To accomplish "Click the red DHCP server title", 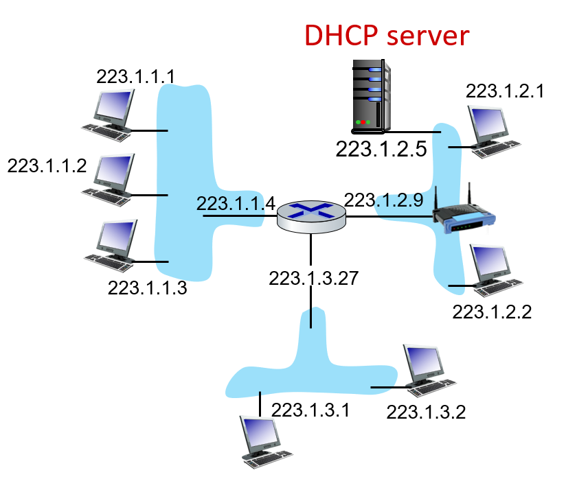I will coord(387,36).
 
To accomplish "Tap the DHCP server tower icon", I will coord(372,95).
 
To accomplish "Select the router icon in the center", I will coord(311,216).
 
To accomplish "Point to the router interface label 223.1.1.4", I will coord(236,204).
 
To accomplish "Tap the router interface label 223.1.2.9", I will coord(383,200).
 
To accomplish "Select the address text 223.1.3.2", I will coord(426,412).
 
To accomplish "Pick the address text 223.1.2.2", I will coord(492,311).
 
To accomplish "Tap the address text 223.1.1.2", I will coord(47,165).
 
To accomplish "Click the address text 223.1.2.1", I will coord(505,91).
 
